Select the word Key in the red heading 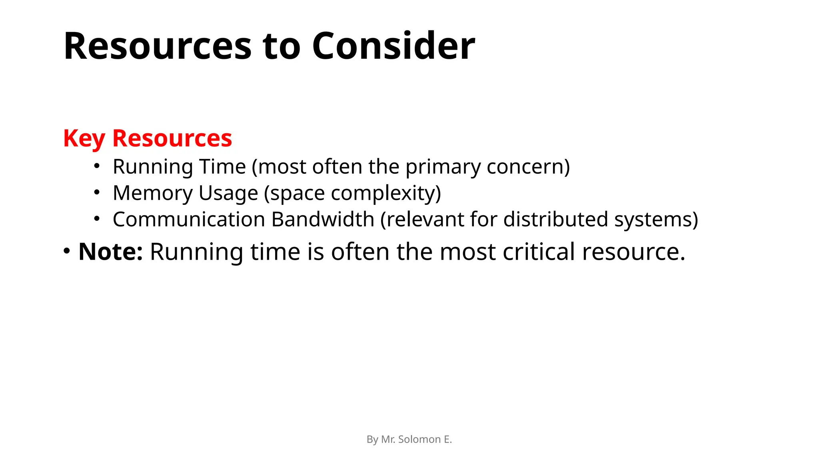coord(84,138)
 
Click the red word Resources coord(172,138)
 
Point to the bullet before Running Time coord(96,166)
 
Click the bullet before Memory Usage coord(96,192)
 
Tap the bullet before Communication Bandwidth coord(96,219)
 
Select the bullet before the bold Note coord(67,251)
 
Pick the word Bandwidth coord(322,219)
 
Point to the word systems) coord(656,219)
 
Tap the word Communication coord(189,219)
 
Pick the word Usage coord(228,193)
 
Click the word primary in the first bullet coord(443,166)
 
